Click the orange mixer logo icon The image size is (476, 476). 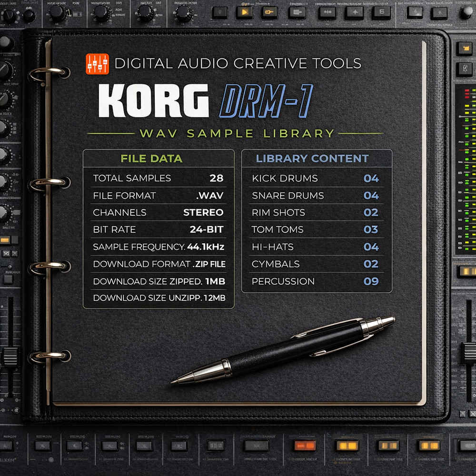[97, 63]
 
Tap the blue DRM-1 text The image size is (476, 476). [266, 100]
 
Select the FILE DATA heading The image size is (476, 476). [159, 159]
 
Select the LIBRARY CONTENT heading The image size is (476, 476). [312, 159]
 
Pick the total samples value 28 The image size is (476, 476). [216, 178]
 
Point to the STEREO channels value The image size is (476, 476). [203, 213]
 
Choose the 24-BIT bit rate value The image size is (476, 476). [206, 230]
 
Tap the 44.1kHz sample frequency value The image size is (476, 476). [205, 247]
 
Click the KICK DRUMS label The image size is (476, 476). [285, 178]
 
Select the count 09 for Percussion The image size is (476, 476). [371, 281]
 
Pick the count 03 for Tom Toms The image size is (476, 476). [371, 230]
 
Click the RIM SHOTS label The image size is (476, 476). [278, 213]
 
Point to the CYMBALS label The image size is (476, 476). [276, 264]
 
